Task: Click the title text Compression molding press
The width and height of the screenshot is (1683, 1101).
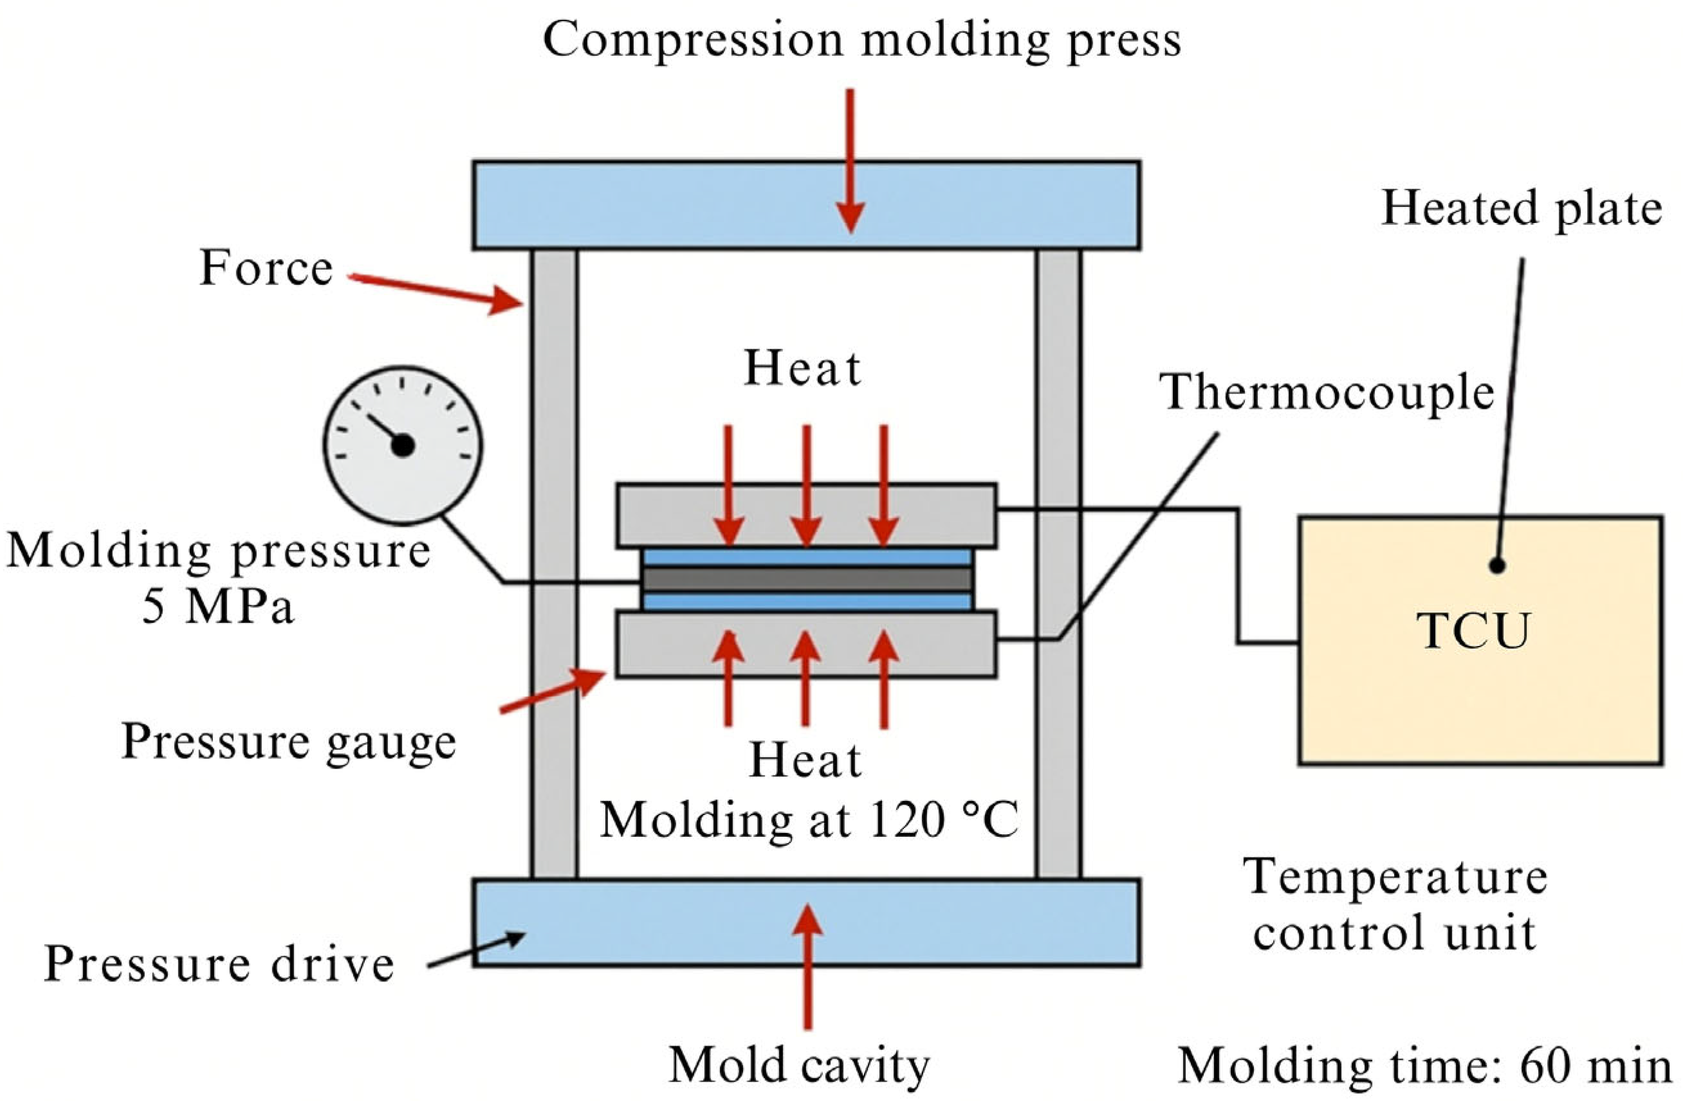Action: (862, 40)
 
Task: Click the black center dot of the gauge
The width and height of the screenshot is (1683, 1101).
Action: (403, 446)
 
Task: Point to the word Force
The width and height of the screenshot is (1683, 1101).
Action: (266, 269)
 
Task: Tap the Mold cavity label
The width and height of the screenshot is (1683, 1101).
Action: (799, 1065)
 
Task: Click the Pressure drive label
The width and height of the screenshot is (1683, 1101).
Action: (219, 964)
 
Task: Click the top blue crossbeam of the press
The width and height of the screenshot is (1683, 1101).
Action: (806, 206)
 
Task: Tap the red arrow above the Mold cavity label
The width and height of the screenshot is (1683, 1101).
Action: (807, 968)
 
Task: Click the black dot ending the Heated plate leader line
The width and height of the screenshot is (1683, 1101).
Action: (1496, 566)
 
